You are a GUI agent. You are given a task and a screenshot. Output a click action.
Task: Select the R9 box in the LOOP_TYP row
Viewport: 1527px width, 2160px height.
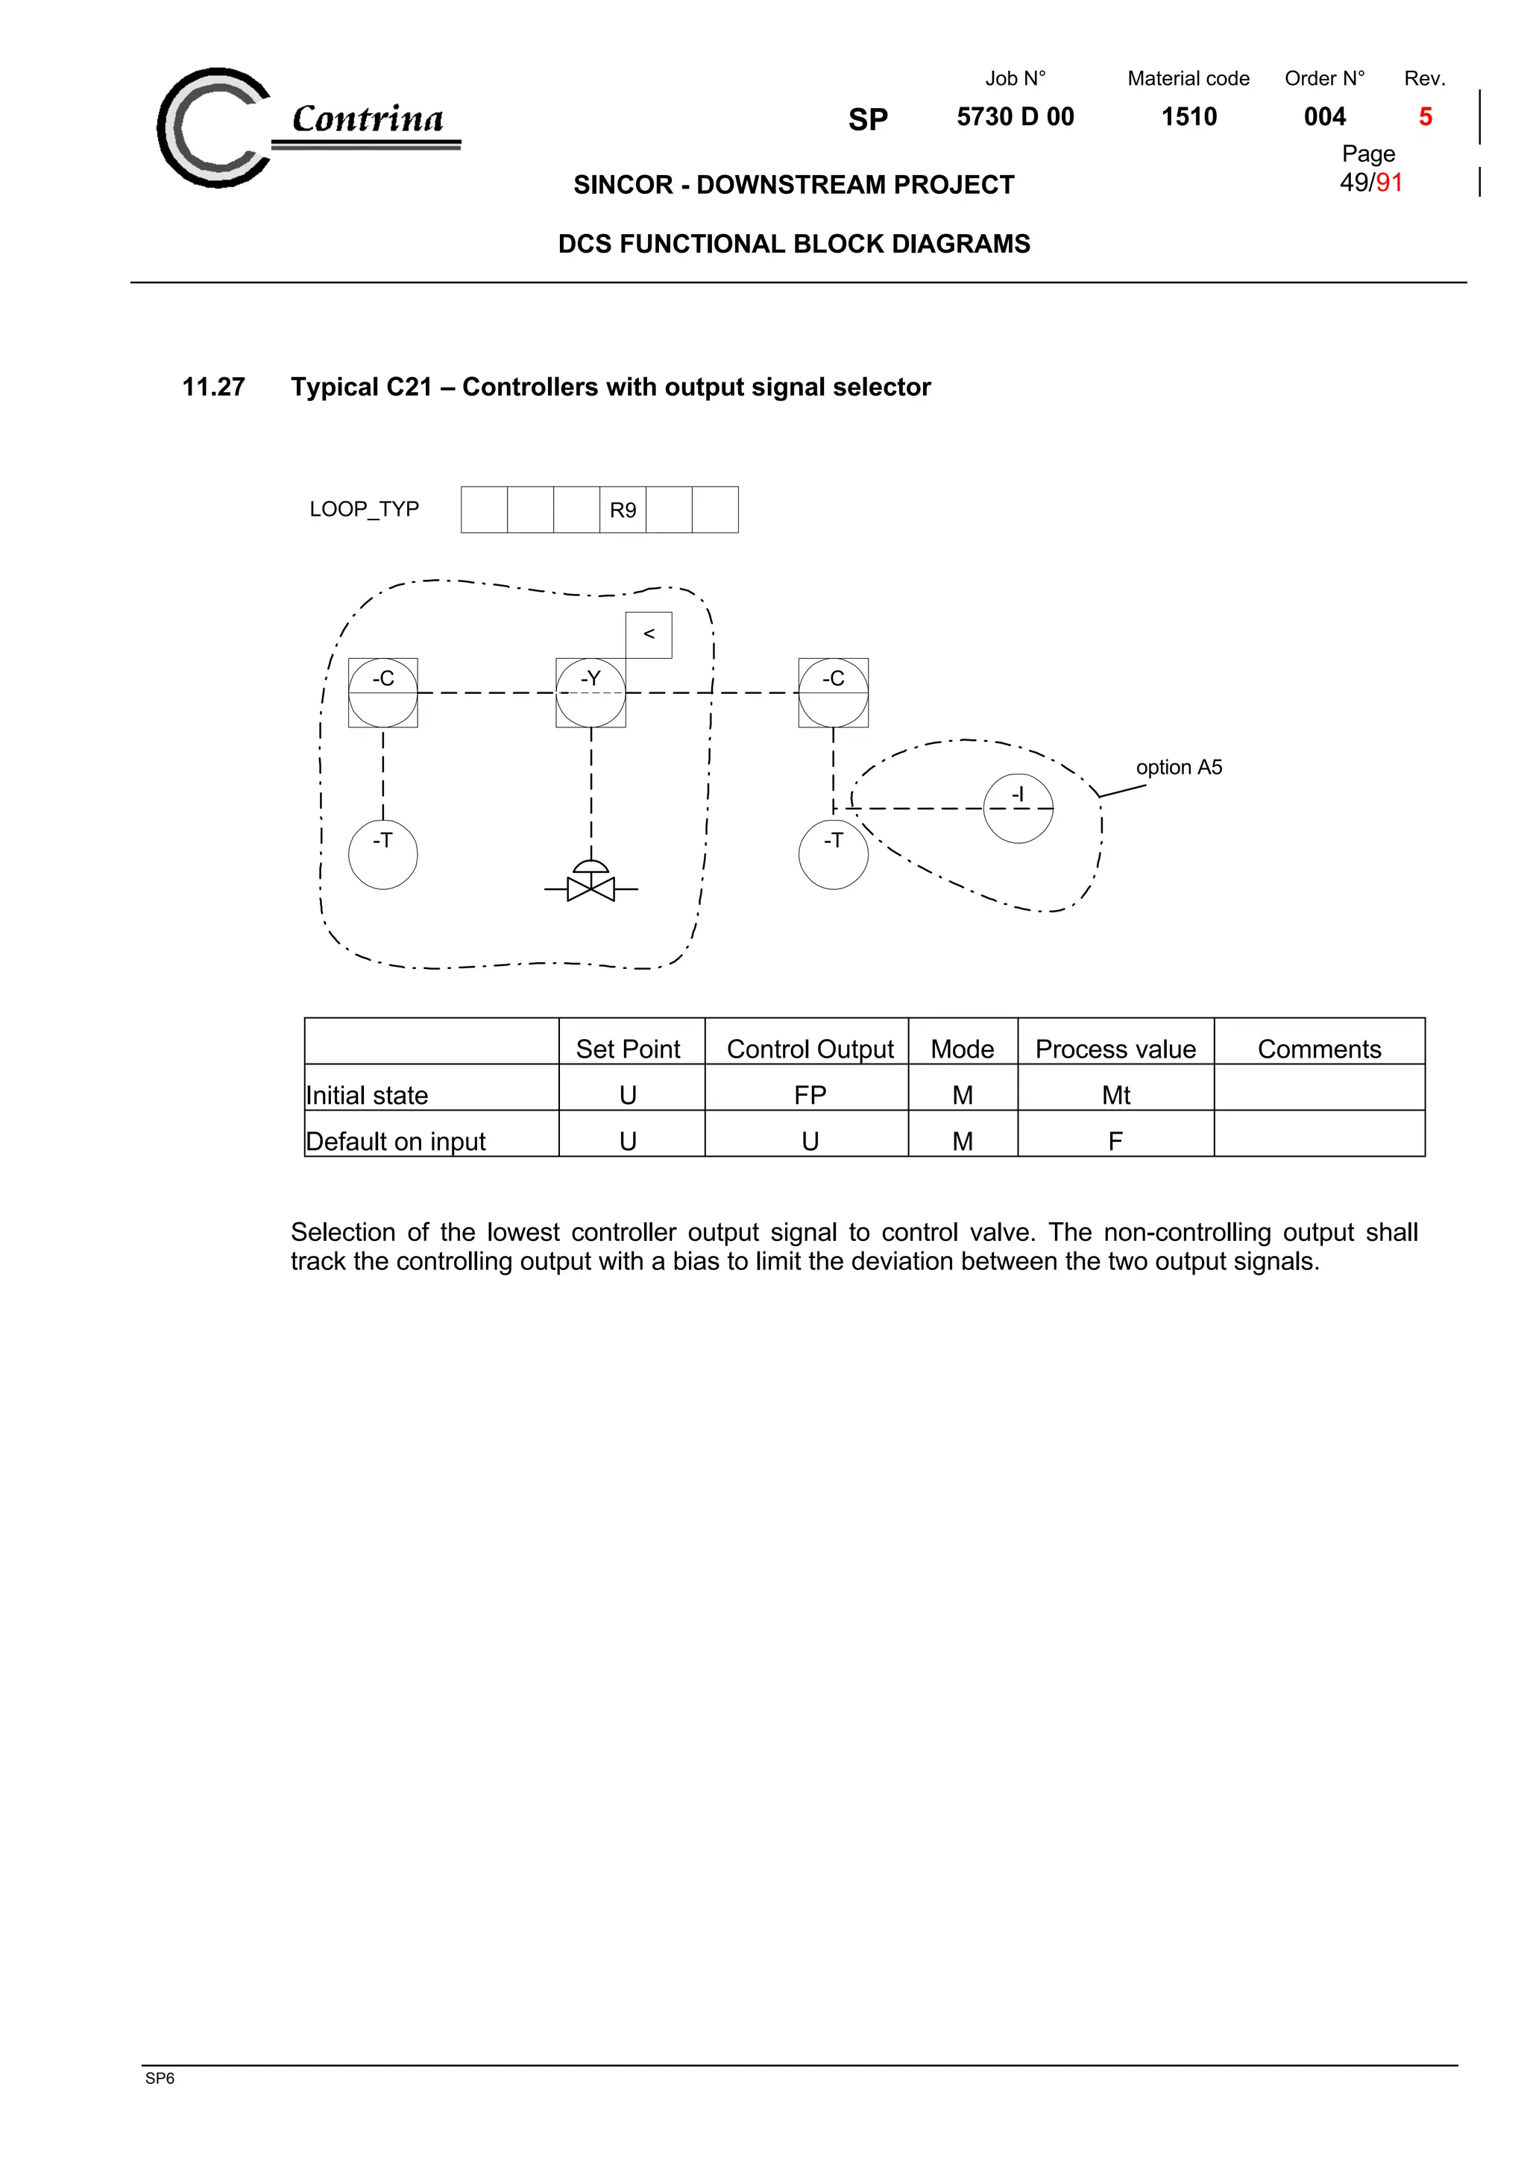[623, 510]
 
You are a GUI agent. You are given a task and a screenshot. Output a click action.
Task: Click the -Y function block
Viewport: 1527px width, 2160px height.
[591, 692]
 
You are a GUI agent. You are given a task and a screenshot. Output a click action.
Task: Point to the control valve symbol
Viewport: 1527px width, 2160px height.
[591, 884]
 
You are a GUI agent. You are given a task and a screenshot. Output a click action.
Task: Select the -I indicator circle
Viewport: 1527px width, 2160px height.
[1018, 808]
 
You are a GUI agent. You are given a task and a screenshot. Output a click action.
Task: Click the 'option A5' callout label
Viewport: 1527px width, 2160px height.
[1179, 768]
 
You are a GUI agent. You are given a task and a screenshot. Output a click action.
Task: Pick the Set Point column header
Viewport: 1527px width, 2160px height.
[628, 1049]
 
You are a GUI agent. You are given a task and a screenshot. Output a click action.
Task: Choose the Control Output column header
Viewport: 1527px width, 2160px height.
[810, 1049]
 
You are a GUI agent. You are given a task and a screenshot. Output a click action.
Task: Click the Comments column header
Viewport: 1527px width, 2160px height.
[1319, 1049]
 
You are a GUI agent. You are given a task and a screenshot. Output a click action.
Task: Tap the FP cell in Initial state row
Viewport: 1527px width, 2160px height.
[810, 1095]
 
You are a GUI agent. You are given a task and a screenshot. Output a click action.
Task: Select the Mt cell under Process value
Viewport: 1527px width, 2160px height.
[1116, 1095]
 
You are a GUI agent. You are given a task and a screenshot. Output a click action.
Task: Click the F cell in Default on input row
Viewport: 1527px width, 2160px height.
[1116, 1141]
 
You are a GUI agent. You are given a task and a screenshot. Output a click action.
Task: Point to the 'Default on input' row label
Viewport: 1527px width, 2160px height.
[396, 1141]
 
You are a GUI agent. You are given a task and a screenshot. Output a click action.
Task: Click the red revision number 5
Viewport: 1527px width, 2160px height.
[1426, 117]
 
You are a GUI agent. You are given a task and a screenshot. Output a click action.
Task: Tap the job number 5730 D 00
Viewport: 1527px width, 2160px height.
[1016, 117]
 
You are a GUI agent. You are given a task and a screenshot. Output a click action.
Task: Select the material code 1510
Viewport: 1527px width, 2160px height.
[1189, 117]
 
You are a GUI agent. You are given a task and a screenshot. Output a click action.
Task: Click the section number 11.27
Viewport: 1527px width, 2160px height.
[213, 387]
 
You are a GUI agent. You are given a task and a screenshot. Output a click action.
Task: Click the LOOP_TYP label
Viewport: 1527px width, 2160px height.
[364, 509]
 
